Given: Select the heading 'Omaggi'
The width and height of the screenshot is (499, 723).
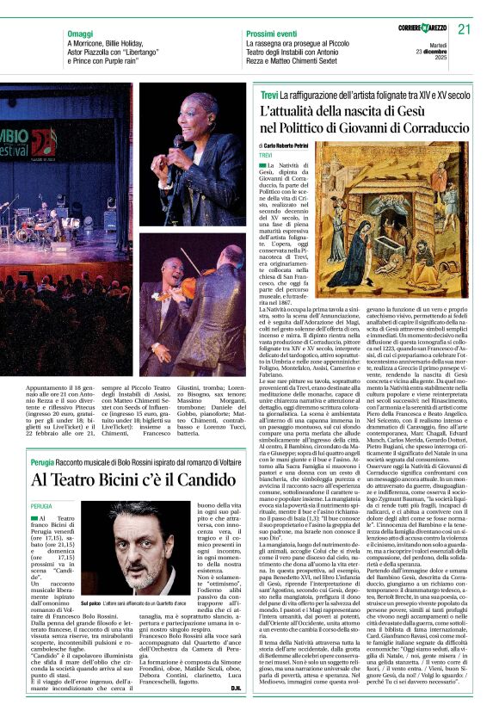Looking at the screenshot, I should click(81, 34).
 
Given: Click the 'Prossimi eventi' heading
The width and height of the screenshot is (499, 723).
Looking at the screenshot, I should click(273, 34).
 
